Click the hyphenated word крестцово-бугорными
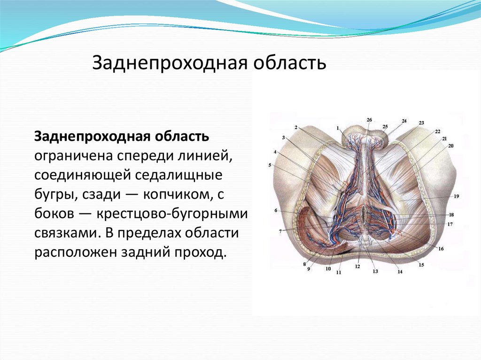[x=172, y=214]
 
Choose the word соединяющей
[x=83, y=176]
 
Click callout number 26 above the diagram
[x=369, y=120]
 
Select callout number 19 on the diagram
[x=457, y=196]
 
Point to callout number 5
[x=270, y=165]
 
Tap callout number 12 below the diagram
[x=357, y=267]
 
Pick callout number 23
[x=421, y=123]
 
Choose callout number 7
[x=280, y=232]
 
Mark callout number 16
[x=441, y=249]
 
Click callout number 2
[x=296, y=128]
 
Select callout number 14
[x=400, y=272]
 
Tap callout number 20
[x=450, y=146]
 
